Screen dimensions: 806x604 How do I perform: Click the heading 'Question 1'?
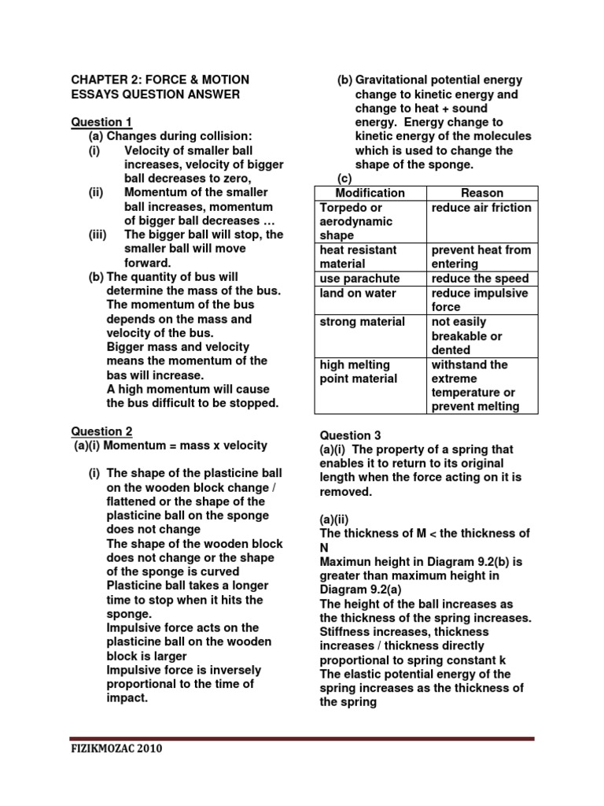pos(101,122)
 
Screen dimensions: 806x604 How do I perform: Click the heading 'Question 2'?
pos(101,431)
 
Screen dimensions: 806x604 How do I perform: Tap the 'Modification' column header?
pos(370,193)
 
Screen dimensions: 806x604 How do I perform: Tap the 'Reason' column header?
pos(481,193)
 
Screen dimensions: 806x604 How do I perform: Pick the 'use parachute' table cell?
pos(359,279)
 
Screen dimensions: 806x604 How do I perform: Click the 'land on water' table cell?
pos(358,294)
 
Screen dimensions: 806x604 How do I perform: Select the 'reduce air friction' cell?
pos(481,208)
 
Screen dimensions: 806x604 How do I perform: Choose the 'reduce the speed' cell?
pos(480,279)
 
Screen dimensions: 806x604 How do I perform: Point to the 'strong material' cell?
pos(363,322)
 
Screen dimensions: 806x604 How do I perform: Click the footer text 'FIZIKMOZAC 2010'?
pos(116,749)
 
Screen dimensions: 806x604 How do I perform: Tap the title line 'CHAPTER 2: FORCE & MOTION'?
pos(160,80)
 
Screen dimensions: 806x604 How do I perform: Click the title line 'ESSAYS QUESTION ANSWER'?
pos(155,94)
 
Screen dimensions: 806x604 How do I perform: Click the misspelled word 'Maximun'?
pos(347,562)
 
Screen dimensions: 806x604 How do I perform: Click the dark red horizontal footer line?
pos(302,738)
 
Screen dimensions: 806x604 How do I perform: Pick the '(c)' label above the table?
pos(344,179)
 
